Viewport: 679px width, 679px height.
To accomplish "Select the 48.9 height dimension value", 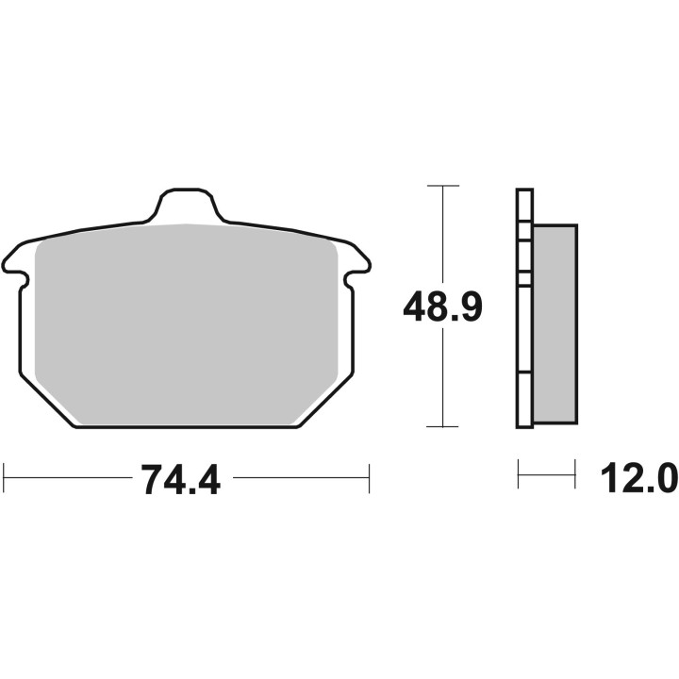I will [442, 307].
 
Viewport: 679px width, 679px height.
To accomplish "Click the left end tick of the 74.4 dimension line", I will [7, 478].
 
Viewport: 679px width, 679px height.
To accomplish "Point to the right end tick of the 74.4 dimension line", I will [369, 478].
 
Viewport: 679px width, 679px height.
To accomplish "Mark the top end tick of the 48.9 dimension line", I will [442, 186].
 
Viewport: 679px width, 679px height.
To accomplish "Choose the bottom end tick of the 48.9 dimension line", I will [442, 426].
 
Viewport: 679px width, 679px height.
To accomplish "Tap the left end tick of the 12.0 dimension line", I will [519, 474].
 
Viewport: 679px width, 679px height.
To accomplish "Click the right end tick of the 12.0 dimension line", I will [575, 474].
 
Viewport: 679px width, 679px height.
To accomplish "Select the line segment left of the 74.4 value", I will [66, 478].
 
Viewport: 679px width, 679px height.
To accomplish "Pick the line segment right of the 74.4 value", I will [300, 478].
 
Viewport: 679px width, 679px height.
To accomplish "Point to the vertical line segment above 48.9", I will [442, 236].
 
